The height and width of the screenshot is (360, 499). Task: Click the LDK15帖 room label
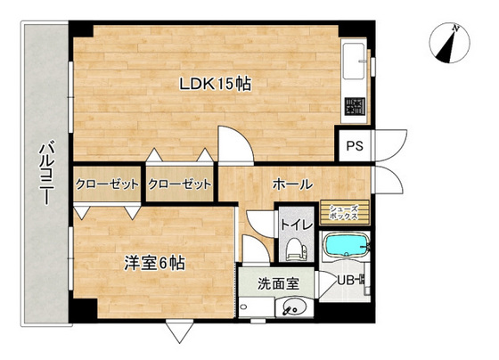click(215, 84)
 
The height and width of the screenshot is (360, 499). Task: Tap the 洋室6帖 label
click(155, 264)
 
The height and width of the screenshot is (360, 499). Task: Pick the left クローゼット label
click(107, 184)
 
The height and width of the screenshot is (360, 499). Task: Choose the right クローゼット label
click(181, 184)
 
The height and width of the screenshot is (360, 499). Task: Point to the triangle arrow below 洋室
click(178, 332)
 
